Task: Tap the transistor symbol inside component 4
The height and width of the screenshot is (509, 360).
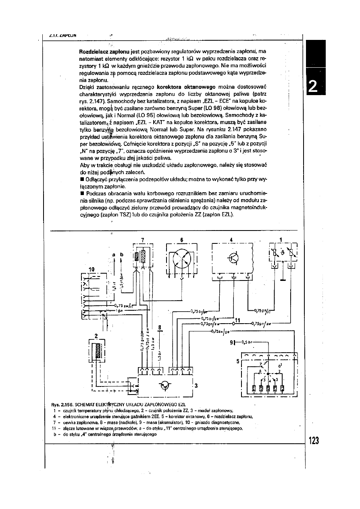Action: point(233,258)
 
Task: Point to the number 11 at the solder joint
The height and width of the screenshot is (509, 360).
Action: point(237,320)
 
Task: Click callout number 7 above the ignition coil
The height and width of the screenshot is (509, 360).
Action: point(142,239)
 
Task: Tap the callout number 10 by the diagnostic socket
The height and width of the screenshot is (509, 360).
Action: point(91,269)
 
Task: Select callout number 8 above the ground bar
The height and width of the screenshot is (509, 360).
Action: point(160,327)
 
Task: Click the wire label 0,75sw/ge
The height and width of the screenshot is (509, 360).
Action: point(220,332)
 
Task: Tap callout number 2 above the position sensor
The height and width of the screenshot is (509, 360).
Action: point(96,335)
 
